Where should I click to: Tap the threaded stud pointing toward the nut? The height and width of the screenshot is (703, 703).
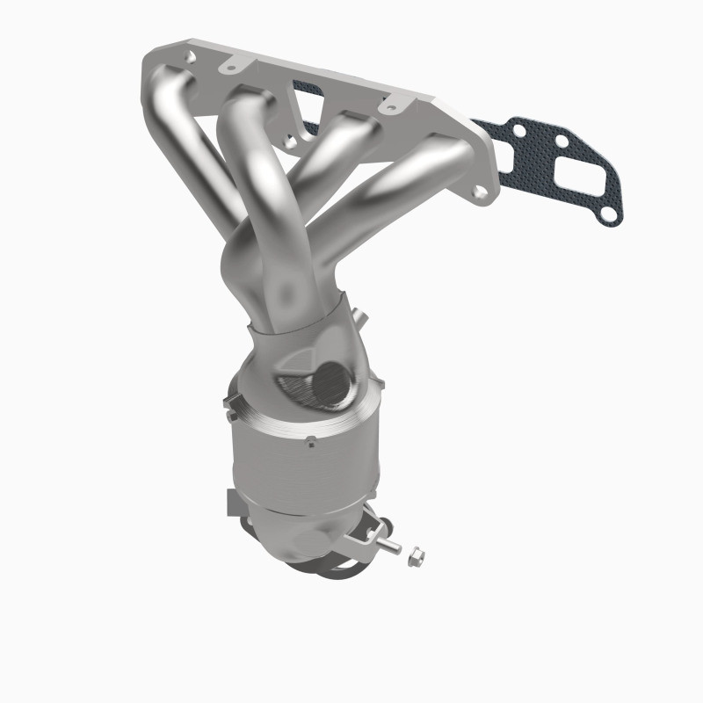coord(392,548)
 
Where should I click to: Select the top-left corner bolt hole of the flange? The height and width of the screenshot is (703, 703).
coord(187,56)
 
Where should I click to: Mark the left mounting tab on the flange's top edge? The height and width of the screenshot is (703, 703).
coord(232,63)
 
